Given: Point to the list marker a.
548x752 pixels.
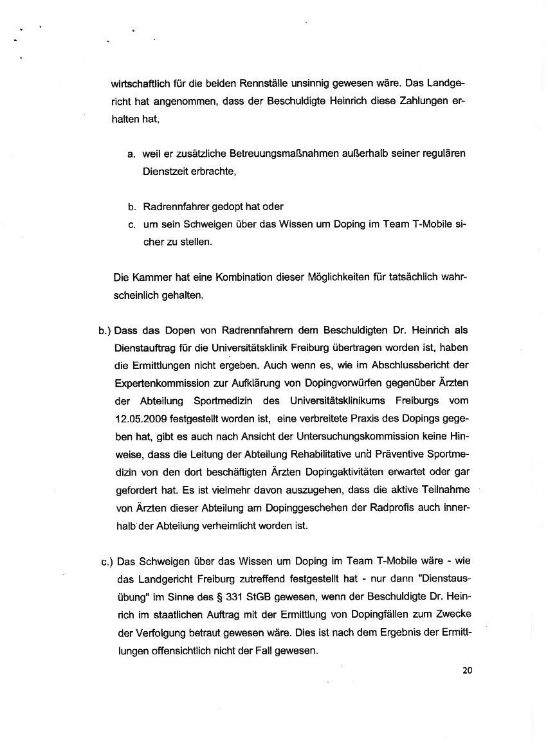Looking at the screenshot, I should tap(131, 155).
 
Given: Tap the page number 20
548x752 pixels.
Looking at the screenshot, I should tap(467, 670).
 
